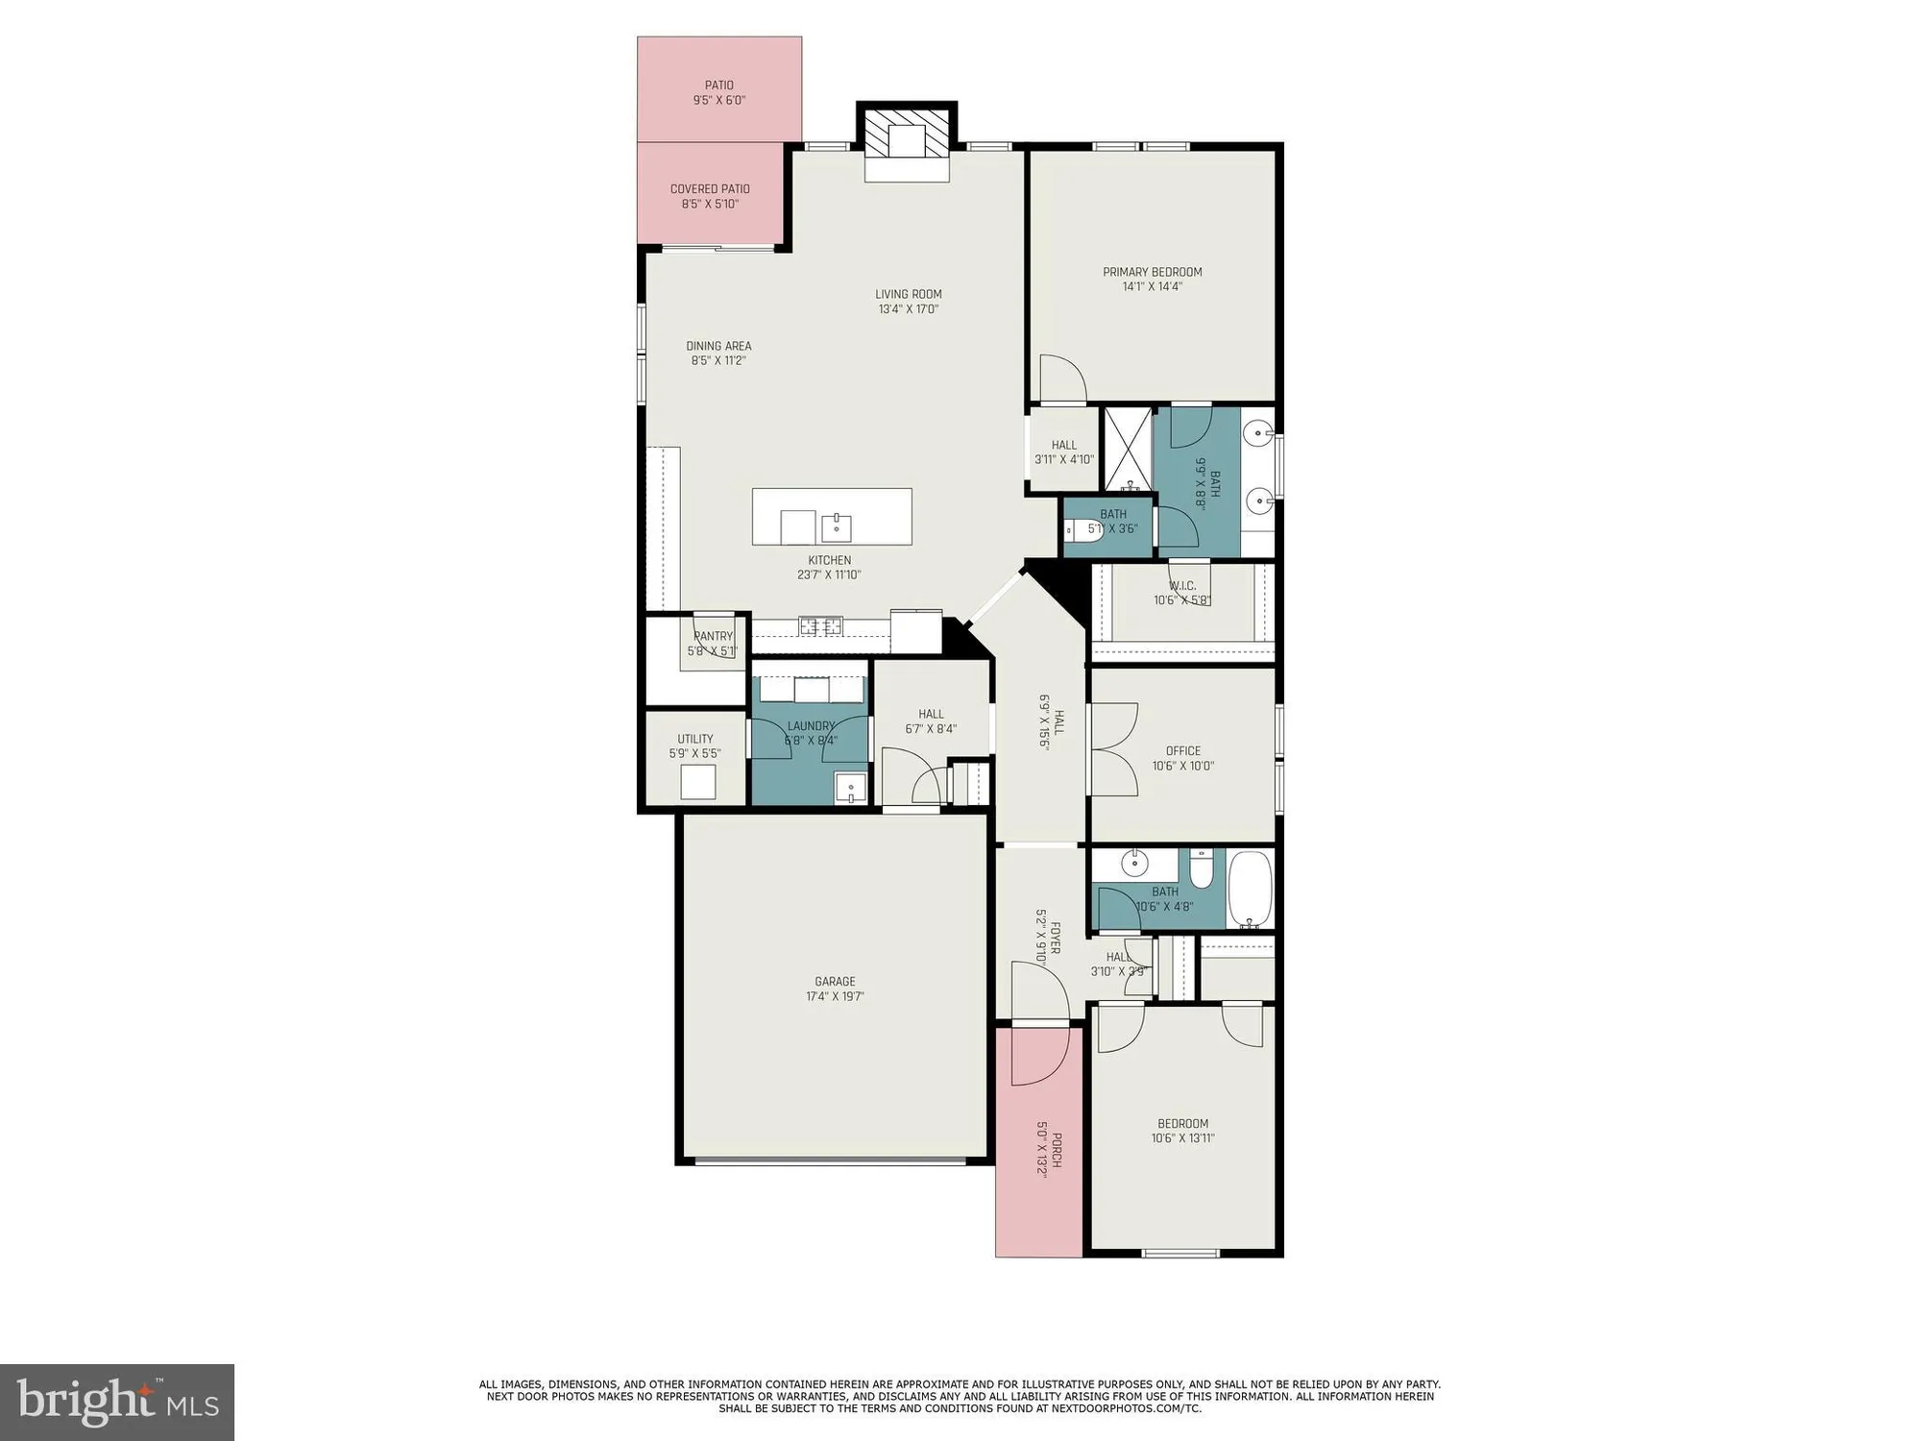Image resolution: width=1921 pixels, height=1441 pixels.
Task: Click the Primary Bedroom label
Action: click(1152, 272)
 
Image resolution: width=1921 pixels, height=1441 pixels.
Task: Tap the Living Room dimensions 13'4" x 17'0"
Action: click(908, 309)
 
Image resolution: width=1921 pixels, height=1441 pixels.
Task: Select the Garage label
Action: click(835, 982)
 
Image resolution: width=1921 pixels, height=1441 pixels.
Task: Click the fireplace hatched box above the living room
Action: click(906, 141)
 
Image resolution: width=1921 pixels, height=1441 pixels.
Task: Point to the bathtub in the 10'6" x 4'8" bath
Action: click(1250, 889)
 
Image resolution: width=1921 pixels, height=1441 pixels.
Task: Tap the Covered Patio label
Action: click(710, 189)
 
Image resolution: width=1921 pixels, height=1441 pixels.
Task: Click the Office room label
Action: click(1183, 751)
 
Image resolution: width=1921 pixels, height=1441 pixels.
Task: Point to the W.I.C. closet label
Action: click(1182, 586)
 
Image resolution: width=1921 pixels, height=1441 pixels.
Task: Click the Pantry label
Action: click(713, 636)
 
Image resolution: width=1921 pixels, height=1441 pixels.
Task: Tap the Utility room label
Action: click(695, 740)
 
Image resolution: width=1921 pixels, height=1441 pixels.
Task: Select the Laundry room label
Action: click(811, 726)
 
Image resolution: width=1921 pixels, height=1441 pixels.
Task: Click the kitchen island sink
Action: click(836, 526)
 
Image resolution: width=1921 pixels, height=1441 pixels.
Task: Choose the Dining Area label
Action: click(718, 346)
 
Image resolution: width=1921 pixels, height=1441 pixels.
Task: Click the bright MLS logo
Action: click(117, 1402)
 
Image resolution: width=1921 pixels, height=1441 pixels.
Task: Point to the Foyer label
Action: click(1055, 938)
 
